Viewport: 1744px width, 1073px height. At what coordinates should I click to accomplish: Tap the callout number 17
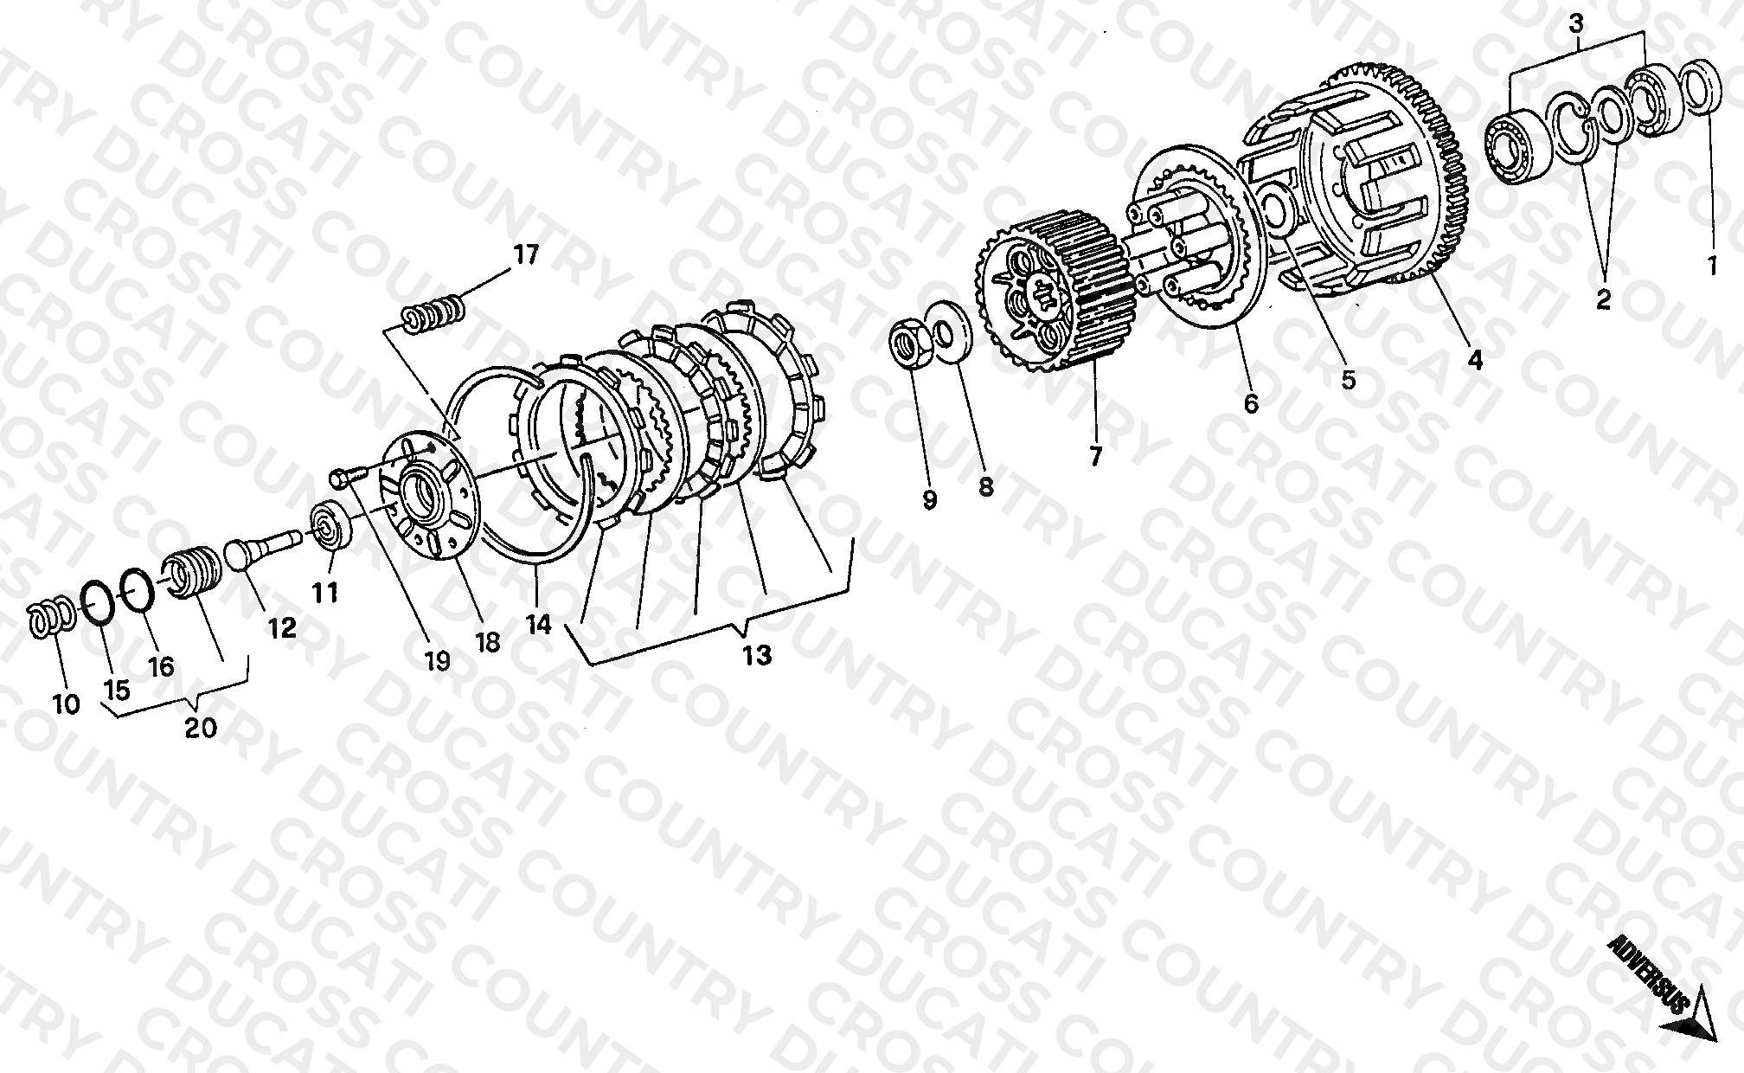(525, 254)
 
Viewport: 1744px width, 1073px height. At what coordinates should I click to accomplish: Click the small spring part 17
(435, 312)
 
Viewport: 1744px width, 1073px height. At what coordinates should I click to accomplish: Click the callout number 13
(756, 655)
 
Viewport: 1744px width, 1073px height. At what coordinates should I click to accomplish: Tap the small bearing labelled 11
(332, 525)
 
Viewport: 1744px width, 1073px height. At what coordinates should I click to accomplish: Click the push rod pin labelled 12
(261, 550)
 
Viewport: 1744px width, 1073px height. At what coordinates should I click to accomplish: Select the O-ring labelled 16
(136, 588)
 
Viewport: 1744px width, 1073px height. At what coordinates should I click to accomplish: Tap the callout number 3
(1576, 24)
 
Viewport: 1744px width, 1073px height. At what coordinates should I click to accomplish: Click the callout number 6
(1252, 403)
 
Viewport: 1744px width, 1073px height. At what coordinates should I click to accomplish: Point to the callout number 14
(538, 624)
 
